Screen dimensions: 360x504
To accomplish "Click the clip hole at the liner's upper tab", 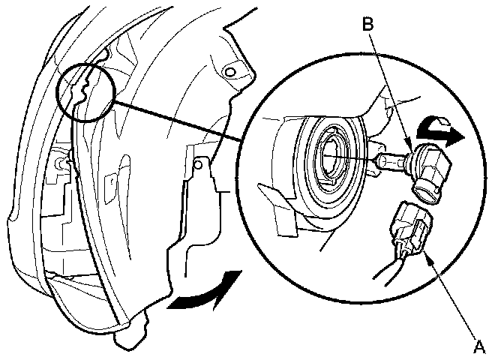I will pos(230,70).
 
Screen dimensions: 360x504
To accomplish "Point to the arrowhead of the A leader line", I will pos(427,256).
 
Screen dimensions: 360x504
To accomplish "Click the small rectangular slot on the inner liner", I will pos(110,180).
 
